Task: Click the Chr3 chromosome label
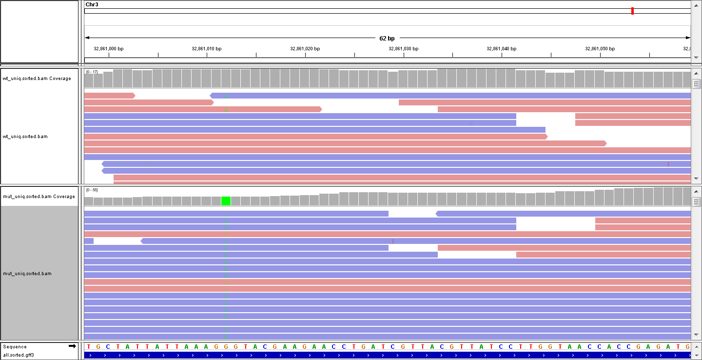pyautogui.click(x=92, y=4)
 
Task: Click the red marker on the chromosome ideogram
pyautogui.click(x=632, y=11)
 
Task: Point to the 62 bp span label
pyautogui.click(x=387, y=38)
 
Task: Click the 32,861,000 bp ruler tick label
pyautogui.click(x=109, y=49)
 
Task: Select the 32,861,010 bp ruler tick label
pyautogui.click(x=207, y=49)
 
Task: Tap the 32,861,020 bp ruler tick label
pyautogui.click(x=305, y=49)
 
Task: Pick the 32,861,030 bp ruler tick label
pyautogui.click(x=404, y=49)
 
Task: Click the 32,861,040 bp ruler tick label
pyautogui.click(x=502, y=49)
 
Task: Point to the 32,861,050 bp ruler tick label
pyautogui.click(x=600, y=49)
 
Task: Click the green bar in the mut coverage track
pyautogui.click(x=226, y=201)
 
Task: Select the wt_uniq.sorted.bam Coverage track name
pyautogui.click(x=37, y=79)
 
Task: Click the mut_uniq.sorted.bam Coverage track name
pyautogui.click(x=39, y=197)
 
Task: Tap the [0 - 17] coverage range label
pyautogui.click(x=92, y=72)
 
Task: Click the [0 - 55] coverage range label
pyautogui.click(x=92, y=190)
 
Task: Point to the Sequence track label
pyautogui.click(x=15, y=347)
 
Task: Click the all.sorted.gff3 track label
pyautogui.click(x=19, y=355)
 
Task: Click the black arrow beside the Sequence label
pyautogui.click(x=72, y=346)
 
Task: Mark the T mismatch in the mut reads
pyautogui.click(x=393, y=241)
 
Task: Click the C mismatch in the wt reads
pyautogui.click(x=471, y=123)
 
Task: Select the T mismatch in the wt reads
pyautogui.click(x=668, y=164)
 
